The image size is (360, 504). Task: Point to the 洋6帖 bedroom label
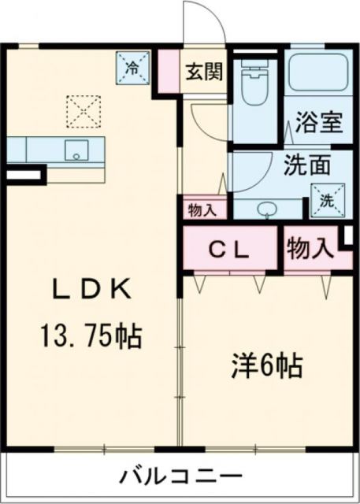pos(267,366)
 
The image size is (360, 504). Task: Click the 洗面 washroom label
pos(306,166)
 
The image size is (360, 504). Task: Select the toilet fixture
pos(254,85)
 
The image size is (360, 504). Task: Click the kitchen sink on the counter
pos(76,150)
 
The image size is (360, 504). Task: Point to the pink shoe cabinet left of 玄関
pos(167,72)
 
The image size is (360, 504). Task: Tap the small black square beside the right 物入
pos(347,235)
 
